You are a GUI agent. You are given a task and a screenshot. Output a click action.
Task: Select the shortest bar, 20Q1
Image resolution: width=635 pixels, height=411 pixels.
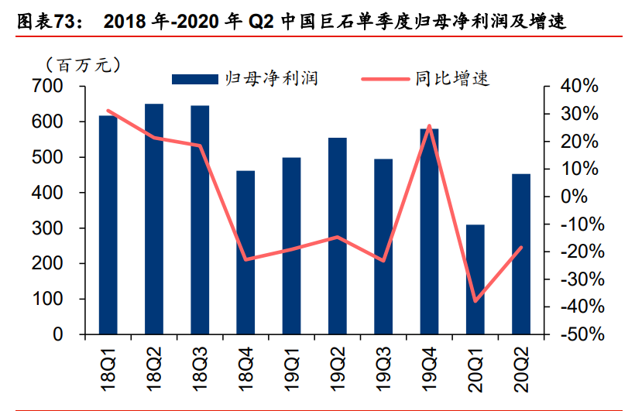click(x=475, y=279)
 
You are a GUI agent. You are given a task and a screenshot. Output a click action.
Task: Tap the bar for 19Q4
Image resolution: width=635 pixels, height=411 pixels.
click(x=429, y=231)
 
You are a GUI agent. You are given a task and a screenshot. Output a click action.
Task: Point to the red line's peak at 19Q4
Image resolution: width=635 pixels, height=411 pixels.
click(x=429, y=125)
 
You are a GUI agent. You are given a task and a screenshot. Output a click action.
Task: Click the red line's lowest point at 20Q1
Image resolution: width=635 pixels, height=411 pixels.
click(x=475, y=301)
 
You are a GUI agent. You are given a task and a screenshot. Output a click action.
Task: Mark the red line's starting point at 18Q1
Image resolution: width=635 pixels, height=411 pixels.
click(x=108, y=111)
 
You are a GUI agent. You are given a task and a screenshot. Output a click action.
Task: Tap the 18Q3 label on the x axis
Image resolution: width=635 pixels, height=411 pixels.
click(x=201, y=365)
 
